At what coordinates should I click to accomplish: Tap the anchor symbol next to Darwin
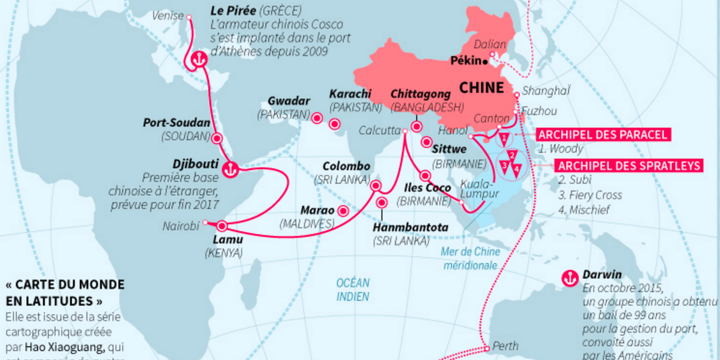pos(569,278)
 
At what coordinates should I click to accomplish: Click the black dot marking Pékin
pos(485,61)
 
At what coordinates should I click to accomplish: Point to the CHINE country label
pos(481,88)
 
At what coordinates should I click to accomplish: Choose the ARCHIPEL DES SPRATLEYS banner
pos(630,166)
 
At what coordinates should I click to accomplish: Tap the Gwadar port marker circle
pos(316,118)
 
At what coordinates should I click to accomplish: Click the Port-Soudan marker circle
pos(217,138)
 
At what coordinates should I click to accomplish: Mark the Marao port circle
pos(343,211)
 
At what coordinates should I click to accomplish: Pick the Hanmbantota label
pos(410,227)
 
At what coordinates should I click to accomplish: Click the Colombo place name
pos(346,166)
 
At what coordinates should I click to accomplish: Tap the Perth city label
pos(505,346)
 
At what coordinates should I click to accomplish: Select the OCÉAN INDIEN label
pos(352,289)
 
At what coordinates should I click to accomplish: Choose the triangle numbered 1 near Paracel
pos(505,136)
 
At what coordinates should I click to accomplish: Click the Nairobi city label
pos(181,226)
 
